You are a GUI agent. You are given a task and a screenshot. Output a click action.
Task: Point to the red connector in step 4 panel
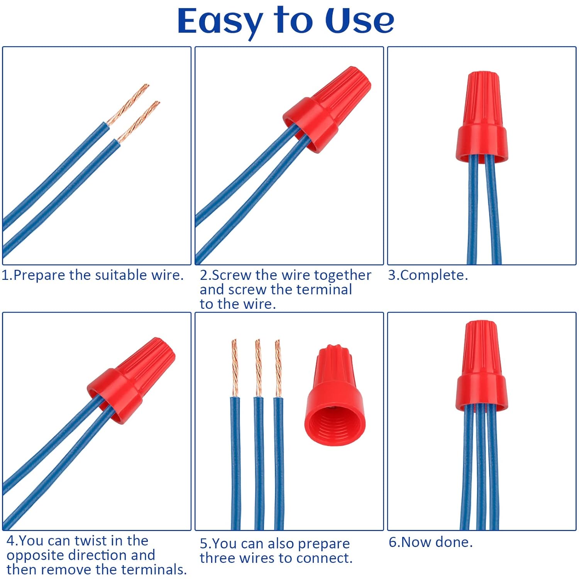[x=131, y=380]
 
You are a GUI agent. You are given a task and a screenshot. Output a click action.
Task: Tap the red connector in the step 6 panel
[x=482, y=367]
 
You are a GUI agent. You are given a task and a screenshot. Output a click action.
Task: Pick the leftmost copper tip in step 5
[x=235, y=367]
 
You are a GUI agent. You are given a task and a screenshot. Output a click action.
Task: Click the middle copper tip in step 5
[x=258, y=367]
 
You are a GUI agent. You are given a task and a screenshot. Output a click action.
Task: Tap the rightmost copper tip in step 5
[x=278, y=367]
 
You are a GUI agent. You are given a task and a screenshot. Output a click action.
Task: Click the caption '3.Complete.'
[x=428, y=275]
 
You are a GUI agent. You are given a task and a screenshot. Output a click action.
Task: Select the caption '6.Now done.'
[x=430, y=542]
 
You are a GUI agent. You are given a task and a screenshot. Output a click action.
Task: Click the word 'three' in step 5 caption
[x=217, y=558]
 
